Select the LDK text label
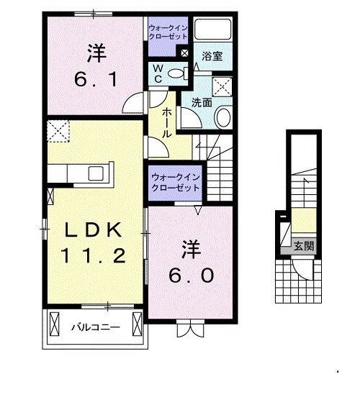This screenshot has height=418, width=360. tap(95, 230)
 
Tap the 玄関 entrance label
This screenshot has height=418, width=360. tap(304, 246)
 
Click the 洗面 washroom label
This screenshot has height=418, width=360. tap(202, 102)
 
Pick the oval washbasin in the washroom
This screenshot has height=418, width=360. tap(223, 117)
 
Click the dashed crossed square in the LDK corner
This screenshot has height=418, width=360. tap(57, 131)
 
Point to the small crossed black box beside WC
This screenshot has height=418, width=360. tap(184, 53)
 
